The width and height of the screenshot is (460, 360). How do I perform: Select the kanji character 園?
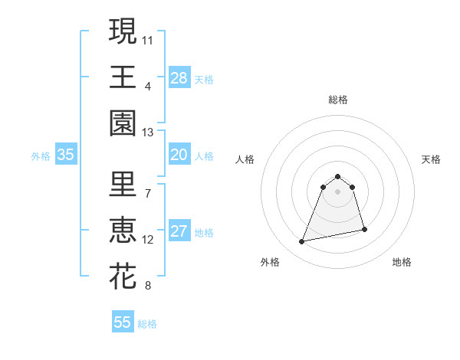123,123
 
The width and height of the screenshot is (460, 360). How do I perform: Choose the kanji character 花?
123,277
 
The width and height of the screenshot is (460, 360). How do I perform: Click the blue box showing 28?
179,77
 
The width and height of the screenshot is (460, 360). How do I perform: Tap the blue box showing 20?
179,155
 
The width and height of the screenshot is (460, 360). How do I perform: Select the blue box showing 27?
179,232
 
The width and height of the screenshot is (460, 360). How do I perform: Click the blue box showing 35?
66,155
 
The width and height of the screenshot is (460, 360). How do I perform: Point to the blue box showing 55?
123,322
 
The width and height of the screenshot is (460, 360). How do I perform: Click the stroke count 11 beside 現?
148,38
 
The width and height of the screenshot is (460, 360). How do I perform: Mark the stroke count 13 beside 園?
148,133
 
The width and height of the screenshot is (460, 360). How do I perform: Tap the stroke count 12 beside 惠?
148,240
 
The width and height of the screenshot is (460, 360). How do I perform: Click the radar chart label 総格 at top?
337,100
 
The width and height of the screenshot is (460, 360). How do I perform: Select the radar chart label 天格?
432,159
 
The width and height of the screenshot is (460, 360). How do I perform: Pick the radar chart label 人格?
245,159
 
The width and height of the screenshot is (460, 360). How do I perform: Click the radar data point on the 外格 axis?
302,242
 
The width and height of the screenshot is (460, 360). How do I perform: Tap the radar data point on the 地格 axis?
364,230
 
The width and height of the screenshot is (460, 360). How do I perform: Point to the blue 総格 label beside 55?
148,324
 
